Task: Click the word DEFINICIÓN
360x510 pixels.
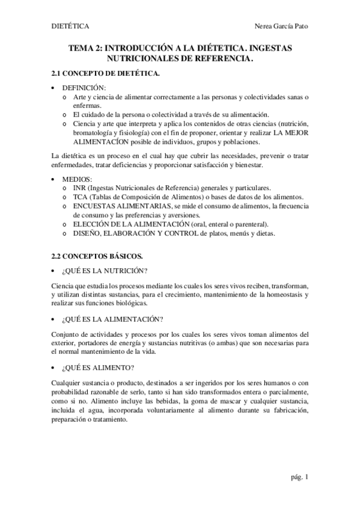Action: point(84,88)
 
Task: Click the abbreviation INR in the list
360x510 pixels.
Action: point(79,188)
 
